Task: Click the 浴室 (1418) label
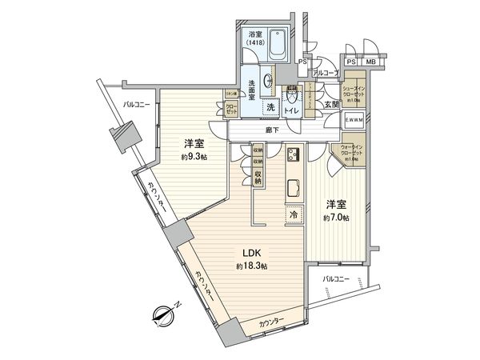click(x=256, y=39)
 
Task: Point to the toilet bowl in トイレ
click(x=292, y=93)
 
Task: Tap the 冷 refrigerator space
click(x=294, y=215)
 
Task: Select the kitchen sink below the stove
click(x=293, y=190)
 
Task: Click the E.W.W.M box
click(x=354, y=120)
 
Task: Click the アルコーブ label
click(x=325, y=73)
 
